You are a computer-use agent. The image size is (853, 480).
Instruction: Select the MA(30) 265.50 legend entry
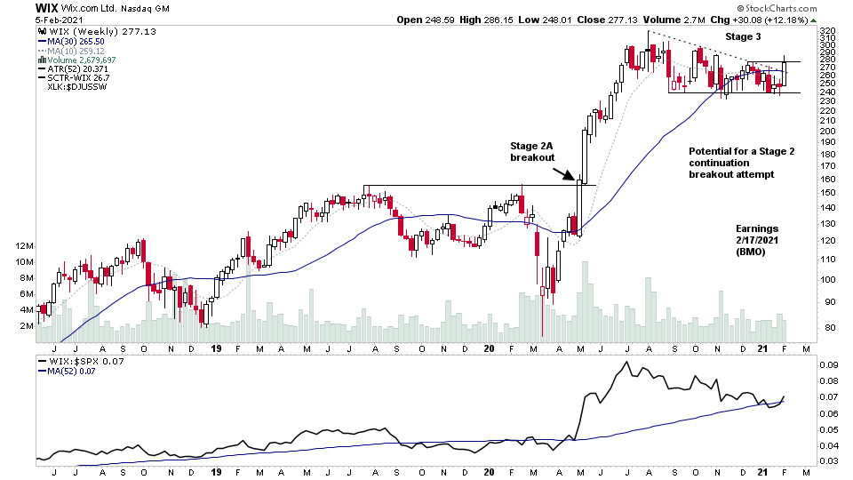pos(72,41)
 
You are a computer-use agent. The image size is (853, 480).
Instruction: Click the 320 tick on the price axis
pos(828,31)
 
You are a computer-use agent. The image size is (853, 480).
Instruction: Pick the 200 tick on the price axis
pos(828,132)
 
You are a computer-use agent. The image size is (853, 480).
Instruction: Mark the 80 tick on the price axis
pos(828,328)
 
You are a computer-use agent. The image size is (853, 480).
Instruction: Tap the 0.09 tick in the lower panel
pos(828,364)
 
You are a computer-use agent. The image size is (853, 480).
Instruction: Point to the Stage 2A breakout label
pos(532,150)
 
